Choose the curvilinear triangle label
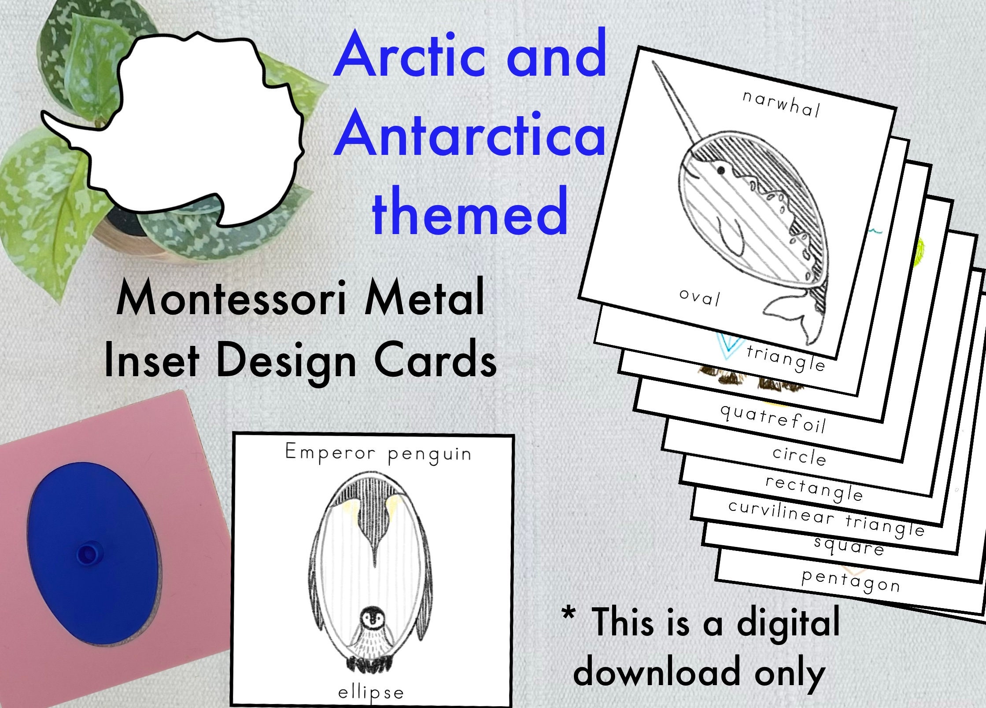coord(826,518)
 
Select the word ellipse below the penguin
coord(370,693)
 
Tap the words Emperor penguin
coord(378,453)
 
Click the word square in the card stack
coord(849,547)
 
